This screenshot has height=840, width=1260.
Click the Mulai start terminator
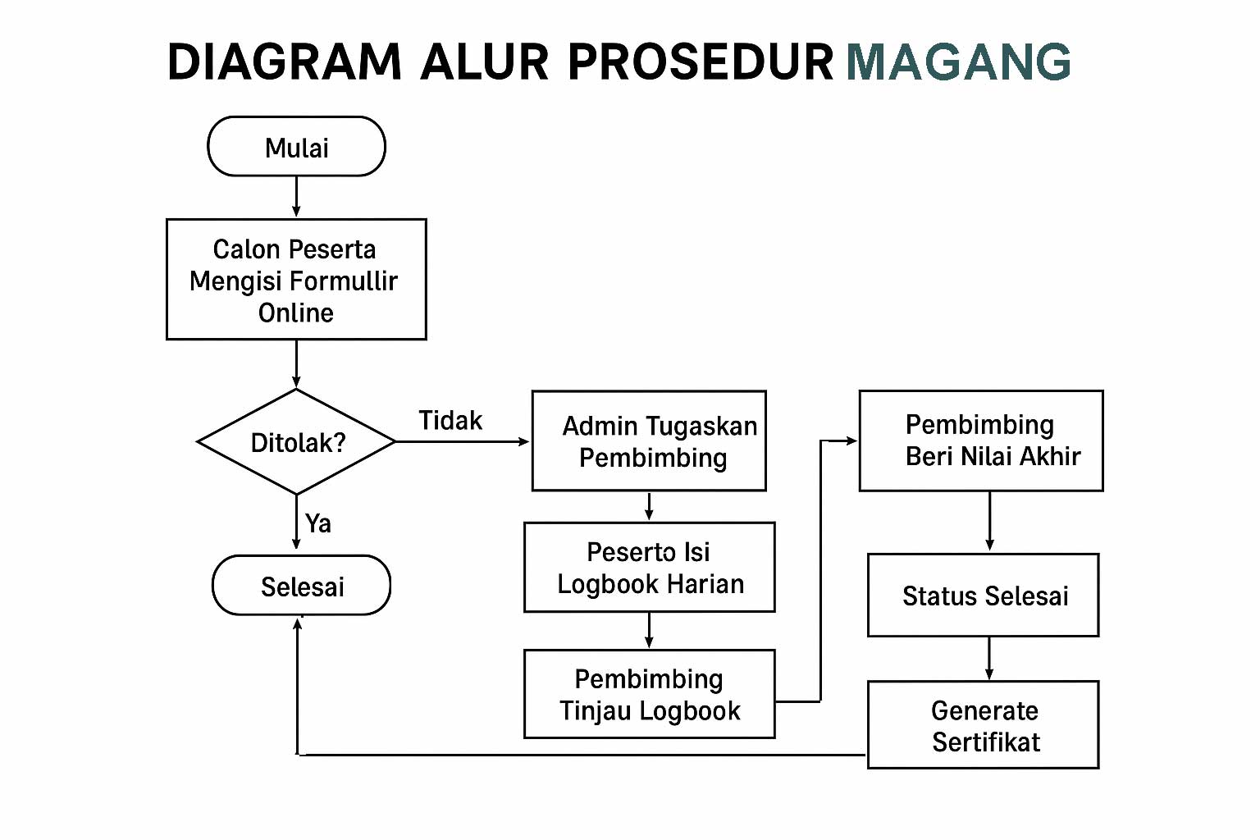click(296, 147)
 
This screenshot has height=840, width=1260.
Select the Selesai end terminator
click(301, 586)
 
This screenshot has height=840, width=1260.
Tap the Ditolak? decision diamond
click(296, 442)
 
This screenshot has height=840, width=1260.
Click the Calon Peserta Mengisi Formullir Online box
click(296, 280)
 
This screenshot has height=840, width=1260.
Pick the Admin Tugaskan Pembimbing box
click(649, 441)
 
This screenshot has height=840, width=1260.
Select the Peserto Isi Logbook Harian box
click(649, 568)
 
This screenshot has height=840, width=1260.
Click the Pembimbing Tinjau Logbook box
click(649, 694)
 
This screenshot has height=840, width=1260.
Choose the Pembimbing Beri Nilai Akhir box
click(981, 441)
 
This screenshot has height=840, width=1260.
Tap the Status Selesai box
click(983, 596)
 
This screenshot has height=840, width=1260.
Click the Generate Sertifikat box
click(983, 725)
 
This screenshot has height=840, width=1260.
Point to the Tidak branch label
click(450, 421)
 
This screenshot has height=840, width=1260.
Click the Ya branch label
click(318, 523)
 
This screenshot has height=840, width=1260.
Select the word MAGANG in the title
click(958, 62)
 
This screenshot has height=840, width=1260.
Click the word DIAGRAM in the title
click(284, 62)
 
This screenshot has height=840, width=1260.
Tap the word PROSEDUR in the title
click(701, 62)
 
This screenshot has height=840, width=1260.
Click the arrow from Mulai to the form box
click(296, 197)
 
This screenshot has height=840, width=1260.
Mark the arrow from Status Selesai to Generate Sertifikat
click(989, 658)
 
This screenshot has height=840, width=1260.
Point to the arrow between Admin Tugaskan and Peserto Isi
click(649, 506)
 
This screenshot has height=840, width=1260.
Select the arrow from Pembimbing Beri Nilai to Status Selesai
click(989, 522)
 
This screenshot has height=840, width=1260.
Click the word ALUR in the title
click(484, 62)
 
